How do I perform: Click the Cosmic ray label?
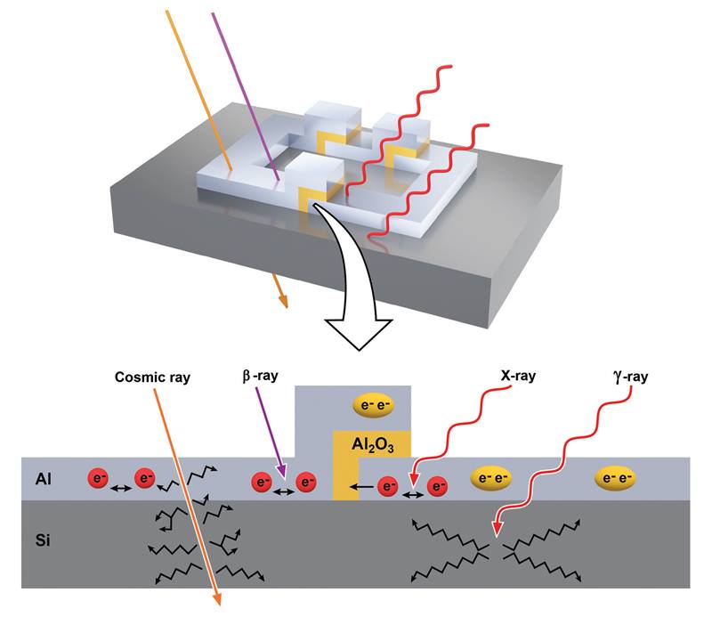tap(152, 377)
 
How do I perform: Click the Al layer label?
tap(43, 479)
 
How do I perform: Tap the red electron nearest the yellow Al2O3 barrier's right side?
tap(387, 486)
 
